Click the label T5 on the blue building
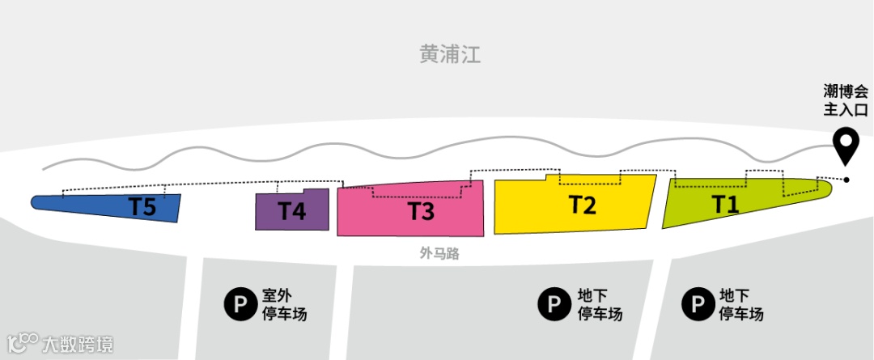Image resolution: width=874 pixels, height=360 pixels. (142, 206)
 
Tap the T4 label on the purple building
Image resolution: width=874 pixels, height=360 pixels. (292, 210)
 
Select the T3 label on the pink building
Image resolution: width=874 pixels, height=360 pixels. (421, 211)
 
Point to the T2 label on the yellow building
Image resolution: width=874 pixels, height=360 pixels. (583, 205)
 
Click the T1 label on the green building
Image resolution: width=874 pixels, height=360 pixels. (725, 204)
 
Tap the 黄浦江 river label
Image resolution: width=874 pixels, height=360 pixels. (450, 55)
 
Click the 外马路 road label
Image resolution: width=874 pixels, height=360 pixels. (439, 253)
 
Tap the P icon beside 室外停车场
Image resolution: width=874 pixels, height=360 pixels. (240, 304)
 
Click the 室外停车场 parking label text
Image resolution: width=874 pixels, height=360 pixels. (284, 304)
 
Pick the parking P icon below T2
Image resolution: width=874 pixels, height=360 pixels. (554, 304)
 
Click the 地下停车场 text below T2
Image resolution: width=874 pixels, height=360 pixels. (600, 304)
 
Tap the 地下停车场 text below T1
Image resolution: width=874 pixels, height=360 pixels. (741, 304)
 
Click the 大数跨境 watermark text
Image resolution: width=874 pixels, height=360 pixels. (78, 343)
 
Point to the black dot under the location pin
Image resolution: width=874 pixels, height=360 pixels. (846, 179)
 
